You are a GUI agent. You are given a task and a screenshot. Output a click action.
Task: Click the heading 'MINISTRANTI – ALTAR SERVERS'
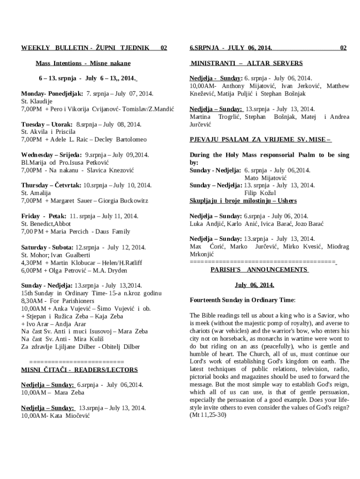click(246, 63)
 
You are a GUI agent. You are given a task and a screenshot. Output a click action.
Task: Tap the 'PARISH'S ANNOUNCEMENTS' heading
click(259, 270)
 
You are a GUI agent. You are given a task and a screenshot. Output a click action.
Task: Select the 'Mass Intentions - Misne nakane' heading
click(83, 63)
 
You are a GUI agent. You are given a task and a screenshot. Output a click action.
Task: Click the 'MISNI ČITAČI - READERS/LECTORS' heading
click(79, 370)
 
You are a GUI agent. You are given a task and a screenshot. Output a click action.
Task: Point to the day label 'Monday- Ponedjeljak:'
click(52, 94)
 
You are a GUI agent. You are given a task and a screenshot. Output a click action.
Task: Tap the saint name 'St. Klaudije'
click(37, 101)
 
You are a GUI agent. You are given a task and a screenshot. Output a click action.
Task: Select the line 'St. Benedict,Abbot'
click(46, 224)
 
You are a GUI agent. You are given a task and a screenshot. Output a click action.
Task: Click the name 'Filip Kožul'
click(260, 193)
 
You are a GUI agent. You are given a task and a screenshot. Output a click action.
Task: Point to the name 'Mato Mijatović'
click(265, 178)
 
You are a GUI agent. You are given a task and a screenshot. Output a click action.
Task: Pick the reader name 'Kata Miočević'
click(70, 415)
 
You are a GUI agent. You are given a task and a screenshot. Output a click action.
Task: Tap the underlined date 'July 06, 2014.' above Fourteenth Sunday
click(254, 285)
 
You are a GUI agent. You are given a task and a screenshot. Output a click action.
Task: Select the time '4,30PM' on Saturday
click(32, 262)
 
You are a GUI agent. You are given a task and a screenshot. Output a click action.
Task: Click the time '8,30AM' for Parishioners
click(32, 301)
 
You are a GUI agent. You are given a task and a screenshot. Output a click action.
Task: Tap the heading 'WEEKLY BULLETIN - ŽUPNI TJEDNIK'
click(86, 48)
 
